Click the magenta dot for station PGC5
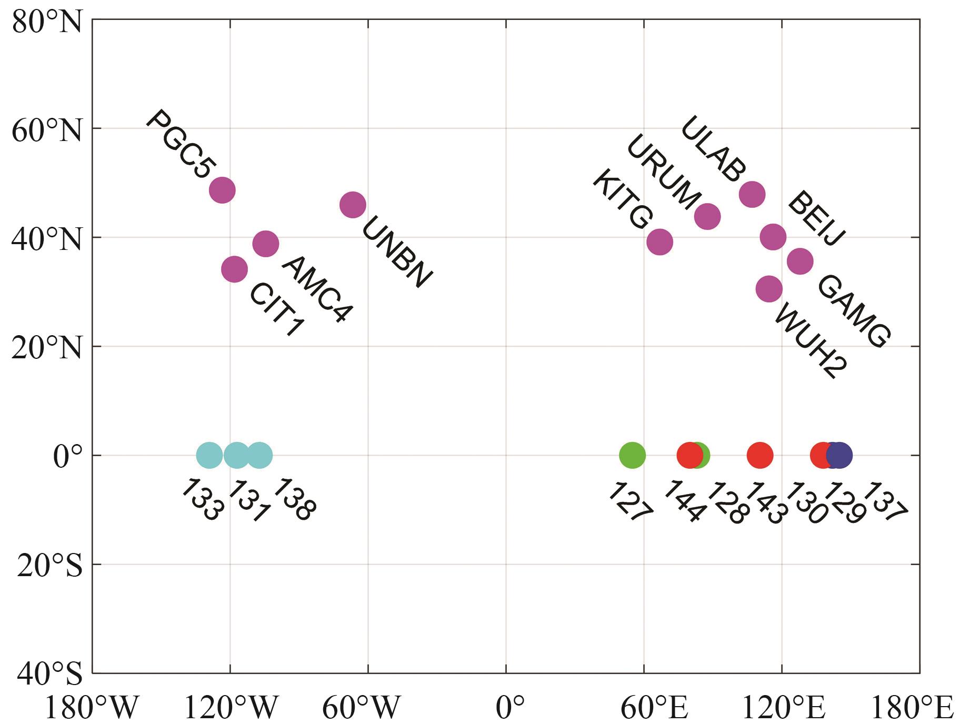coord(222,189)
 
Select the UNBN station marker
coord(353,205)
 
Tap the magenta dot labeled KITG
coord(659,242)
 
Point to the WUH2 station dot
coord(769,289)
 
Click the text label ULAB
coord(713,149)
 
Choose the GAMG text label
coord(853,311)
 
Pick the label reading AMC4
coord(316,289)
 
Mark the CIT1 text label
coord(276,310)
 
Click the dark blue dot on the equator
coord(839,455)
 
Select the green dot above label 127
coord(632,455)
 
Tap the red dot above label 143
coord(760,455)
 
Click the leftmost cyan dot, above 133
coord(209,455)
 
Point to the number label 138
coord(296,499)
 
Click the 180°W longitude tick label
coord(92,708)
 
